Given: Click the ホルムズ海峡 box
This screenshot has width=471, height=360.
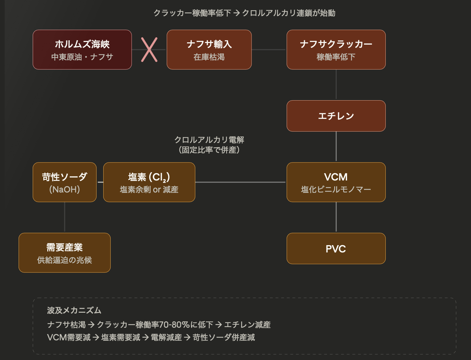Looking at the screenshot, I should tap(82, 50).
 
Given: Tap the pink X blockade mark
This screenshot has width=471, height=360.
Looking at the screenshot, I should tap(149, 50).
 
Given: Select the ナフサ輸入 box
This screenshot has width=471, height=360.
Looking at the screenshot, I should tap(209, 50).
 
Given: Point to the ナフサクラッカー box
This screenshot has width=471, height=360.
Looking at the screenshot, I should tap(336, 50).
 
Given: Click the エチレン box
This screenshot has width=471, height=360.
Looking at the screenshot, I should tap(336, 116).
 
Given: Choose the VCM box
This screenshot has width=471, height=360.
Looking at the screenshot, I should tap(336, 182).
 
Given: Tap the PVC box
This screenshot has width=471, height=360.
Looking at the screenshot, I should tap(336, 248).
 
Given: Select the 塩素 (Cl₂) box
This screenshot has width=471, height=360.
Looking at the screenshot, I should tap(149, 182).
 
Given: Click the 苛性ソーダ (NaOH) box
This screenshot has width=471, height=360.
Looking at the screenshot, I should tap(65, 182).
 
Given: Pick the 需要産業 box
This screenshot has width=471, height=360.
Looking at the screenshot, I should tap(65, 253).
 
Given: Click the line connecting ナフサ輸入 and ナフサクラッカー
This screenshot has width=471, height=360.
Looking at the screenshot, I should tap(269, 50).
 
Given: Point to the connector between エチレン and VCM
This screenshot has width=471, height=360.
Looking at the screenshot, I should tap(336, 147).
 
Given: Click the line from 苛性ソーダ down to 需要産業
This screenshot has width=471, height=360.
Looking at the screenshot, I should tap(65, 217).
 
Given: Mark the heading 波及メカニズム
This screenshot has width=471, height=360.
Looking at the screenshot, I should tap(74, 310).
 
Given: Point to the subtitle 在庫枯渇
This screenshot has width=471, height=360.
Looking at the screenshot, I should tap(209, 57).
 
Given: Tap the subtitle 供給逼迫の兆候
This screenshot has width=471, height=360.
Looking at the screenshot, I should tap(65, 260).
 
